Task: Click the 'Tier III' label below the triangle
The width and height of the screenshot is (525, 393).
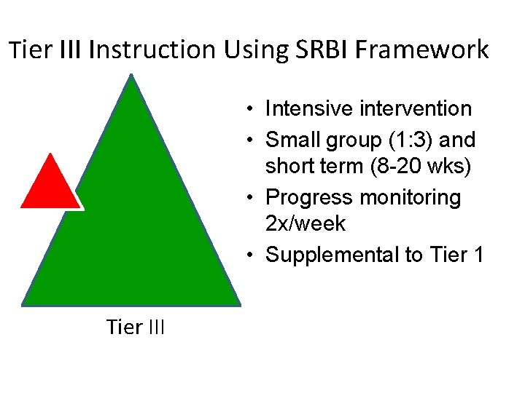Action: (136, 327)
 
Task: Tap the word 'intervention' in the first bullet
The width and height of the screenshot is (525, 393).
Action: (416, 109)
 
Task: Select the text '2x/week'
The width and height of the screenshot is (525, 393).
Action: (306, 224)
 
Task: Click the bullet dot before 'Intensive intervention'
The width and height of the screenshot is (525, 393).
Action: (249, 110)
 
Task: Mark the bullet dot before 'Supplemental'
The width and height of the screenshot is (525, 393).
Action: (249, 255)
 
